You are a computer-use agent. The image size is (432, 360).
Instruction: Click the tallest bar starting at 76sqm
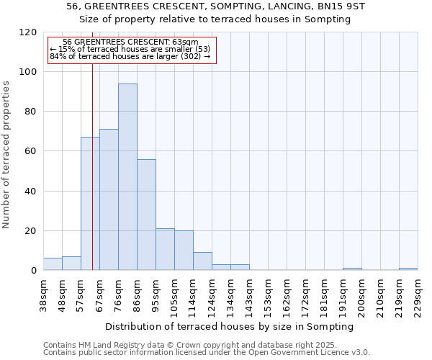click(127, 177)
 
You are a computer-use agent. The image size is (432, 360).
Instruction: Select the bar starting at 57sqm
click(90, 204)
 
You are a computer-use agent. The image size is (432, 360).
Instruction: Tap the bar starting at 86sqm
click(146, 215)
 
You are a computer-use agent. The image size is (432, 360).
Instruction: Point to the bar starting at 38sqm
click(53, 264)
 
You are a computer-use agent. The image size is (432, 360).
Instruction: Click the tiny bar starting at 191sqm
click(352, 269)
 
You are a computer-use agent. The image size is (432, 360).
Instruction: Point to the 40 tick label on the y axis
click(30, 192)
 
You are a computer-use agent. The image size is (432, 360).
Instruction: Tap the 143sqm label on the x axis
click(249, 294)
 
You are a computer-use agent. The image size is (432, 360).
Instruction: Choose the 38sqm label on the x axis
click(43, 294)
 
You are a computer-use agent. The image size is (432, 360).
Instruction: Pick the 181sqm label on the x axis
click(324, 294)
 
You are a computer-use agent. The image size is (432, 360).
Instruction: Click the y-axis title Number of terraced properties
click(6, 155)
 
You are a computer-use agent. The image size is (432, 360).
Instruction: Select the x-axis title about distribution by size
click(230, 326)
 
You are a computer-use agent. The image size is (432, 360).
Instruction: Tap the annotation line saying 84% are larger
click(130, 56)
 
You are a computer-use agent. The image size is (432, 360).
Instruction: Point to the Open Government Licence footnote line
click(207, 353)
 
